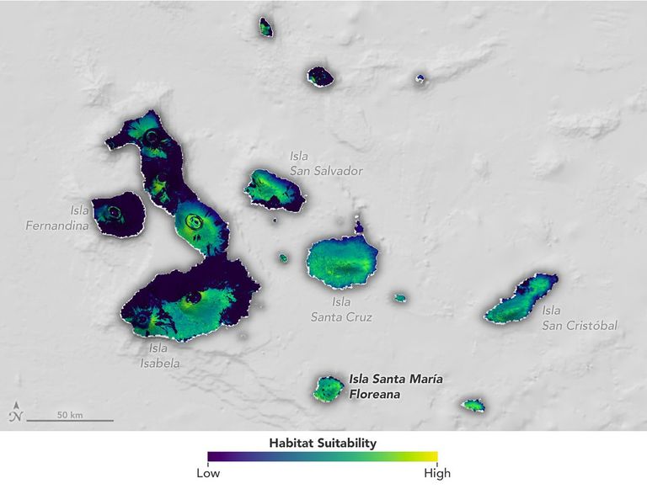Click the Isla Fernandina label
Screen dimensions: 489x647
pos(55,218)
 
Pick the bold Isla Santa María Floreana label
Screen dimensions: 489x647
pos(396,385)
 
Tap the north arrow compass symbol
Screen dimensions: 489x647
pos(15,413)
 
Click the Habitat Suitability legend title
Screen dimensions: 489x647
pos(323,442)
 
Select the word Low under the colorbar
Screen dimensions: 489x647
pos(208,473)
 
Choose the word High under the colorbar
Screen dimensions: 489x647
pos(437,473)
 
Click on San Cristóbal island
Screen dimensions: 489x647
pos(522,299)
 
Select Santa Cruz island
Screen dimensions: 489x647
pos(341,260)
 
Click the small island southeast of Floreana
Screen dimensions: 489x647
pos(473,406)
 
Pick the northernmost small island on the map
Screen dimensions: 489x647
pos(265,28)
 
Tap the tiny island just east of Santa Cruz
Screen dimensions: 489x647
pos(399,297)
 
